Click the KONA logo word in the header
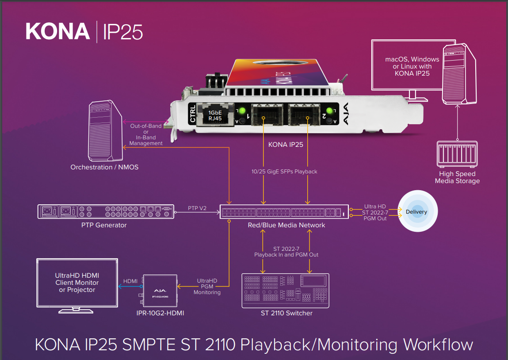tap(58, 31)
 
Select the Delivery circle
tap(416, 212)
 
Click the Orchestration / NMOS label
tap(104, 167)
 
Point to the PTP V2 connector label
tap(196, 208)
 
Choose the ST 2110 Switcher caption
tap(286, 313)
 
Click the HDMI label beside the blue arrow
tap(130, 281)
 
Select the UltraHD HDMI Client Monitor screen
tap(77, 283)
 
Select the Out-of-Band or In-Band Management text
tap(146, 135)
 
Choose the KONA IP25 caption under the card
tap(286, 144)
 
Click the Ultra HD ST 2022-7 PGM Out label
tap(375, 212)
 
